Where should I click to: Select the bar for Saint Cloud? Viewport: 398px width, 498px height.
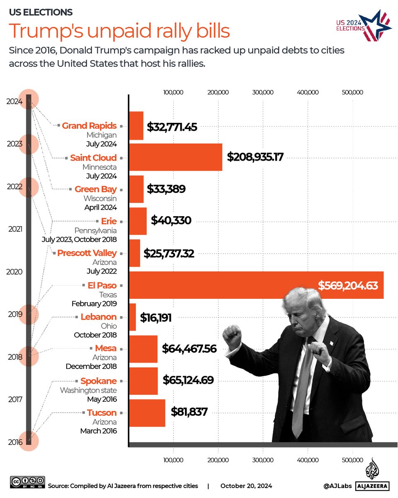[x=176, y=157]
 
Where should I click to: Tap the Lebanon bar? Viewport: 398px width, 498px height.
[x=133, y=317]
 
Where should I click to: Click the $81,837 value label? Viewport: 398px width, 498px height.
[x=189, y=412]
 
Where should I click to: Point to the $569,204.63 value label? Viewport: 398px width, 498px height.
[x=348, y=286]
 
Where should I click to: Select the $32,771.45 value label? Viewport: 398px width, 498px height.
[x=172, y=127]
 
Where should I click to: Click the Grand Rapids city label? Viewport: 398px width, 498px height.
[x=89, y=126]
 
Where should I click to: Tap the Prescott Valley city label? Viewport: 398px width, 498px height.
[x=87, y=253]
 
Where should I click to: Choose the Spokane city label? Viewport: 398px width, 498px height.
[x=98, y=381]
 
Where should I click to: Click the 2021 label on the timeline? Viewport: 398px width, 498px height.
[x=15, y=229]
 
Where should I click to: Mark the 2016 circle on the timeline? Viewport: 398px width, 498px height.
[x=29, y=441]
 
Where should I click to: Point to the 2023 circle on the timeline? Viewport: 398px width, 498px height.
[x=29, y=144]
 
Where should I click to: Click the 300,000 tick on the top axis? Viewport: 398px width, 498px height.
[x=262, y=92]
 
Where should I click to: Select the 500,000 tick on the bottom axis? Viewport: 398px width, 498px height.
[x=352, y=460]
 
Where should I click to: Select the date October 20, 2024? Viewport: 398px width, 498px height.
[x=246, y=486]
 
